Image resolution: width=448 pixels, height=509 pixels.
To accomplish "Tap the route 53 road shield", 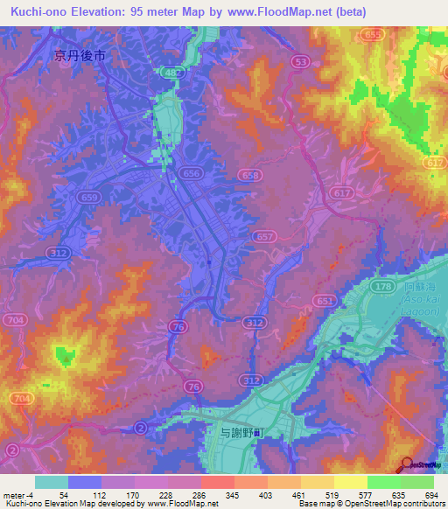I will pyautogui.click(x=302, y=61).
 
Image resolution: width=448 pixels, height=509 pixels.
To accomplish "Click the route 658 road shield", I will pyautogui.click(x=250, y=176).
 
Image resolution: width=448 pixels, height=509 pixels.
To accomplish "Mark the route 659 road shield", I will pyautogui.click(x=89, y=198).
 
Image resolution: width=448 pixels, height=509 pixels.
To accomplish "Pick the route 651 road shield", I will pyautogui.click(x=325, y=300).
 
